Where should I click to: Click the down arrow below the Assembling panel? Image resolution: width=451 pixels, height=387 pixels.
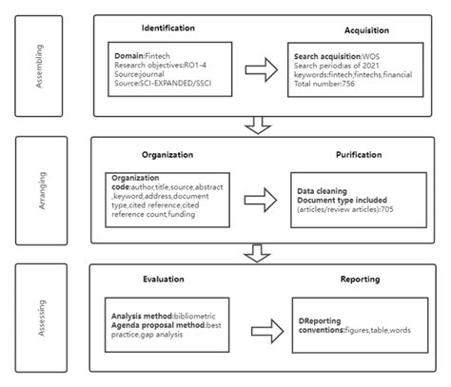pos(255,124)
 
